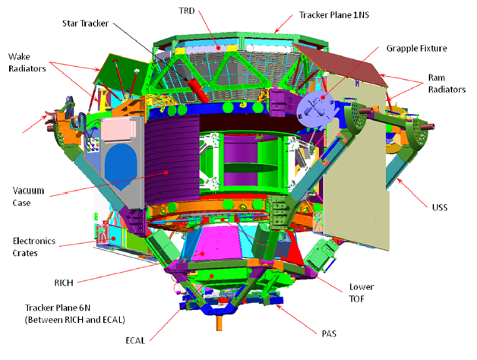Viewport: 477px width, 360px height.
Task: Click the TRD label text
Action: pyautogui.click(x=187, y=11)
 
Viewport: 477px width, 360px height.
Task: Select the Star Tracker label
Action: pyautogui.click(x=86, y=24)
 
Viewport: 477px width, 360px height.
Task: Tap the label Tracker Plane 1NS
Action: pyautogui.click(x=334, y=15)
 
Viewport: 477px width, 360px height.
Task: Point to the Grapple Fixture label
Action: pyautogui.click(x=416, y=49)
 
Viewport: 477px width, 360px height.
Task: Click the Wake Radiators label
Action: pyautogui.click(x=27, y=62)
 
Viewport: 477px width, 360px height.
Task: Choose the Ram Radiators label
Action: pyautogui.click(x=447, y=84)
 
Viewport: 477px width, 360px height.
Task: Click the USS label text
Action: pyautogui.click(x=440, y=207)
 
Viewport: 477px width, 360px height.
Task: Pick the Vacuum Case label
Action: pyautogui.click(x=28, y=197)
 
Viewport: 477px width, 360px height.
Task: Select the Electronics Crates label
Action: pyautogui.click(x=33, y=247)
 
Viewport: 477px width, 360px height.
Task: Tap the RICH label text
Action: pyautogui.click(x=64, y=283)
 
